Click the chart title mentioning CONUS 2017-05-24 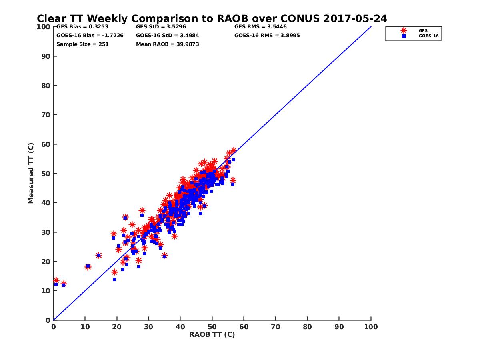[x=212, y=18]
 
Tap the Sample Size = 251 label [x=82, y=44]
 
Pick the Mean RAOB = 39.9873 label [x=168, y=44]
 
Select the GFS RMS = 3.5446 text [x=260, y=27]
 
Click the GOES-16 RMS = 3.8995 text [x=267, y=35]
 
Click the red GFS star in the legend [x=404, y=30]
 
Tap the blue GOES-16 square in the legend [x=404, y=36]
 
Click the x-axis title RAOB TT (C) [x=212, y=334]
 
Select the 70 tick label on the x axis [x=276, y=326]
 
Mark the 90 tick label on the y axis [x=46, y=56]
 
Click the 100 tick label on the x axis [x=371, y=326]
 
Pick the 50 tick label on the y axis [x=46, y=174]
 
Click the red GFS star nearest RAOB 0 [x=56, y=280]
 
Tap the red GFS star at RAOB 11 [x=88, y=267]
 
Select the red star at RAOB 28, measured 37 [x=142, y=210]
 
